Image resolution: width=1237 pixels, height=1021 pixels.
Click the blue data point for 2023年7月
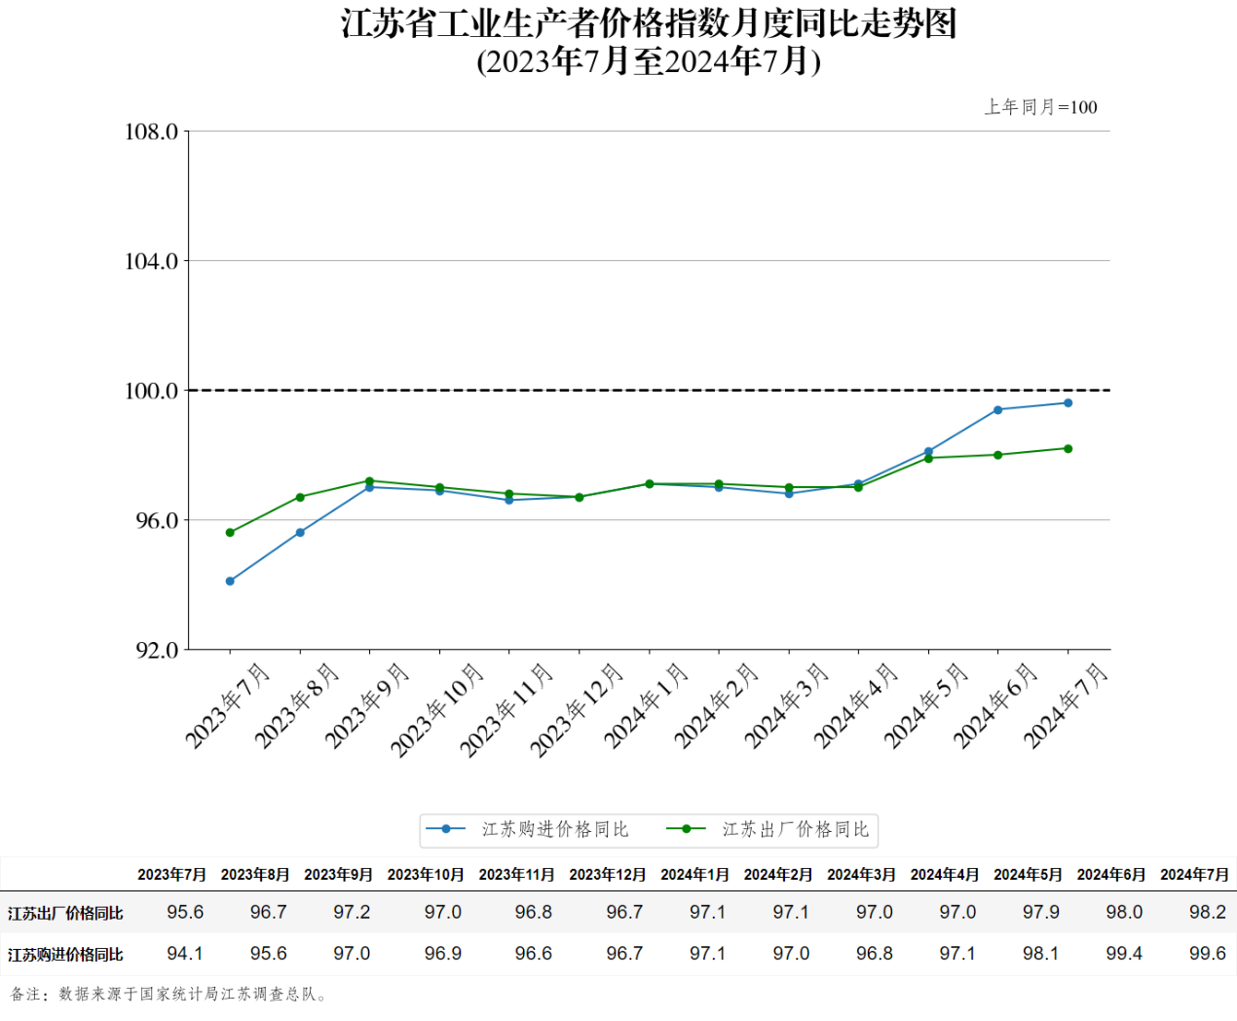[x=230, y=582]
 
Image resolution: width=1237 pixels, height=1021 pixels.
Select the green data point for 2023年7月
[x=230, y=533]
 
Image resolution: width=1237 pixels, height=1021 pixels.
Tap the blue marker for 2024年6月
[x=997, y=410]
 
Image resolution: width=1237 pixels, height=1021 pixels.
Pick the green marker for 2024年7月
[x=1068, y=449]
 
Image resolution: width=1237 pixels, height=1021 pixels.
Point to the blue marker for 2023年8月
[x=300, y=533]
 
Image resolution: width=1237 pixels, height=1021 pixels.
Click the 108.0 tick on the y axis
[x=152, y=132]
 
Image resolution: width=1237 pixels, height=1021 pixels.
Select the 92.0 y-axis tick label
[x=157, y=650]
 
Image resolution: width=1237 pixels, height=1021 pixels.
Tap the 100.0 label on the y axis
[x=152, y=391]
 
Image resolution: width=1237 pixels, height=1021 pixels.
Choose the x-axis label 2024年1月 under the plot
[x=646, y=706]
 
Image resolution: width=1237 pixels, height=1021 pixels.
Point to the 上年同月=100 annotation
[x=1040, y=107]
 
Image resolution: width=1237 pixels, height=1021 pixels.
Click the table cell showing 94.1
[x=185, y=954]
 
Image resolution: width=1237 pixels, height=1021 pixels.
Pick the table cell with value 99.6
[x=1207, y=954]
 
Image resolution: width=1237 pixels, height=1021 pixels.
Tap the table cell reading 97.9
[x=1040, y=913]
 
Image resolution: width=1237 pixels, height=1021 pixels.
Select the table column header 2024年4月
[x=945, y=875]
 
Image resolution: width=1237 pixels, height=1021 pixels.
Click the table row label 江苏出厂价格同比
[x=65, y=914]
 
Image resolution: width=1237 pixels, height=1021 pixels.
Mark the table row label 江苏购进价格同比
[x=65, y=955]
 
